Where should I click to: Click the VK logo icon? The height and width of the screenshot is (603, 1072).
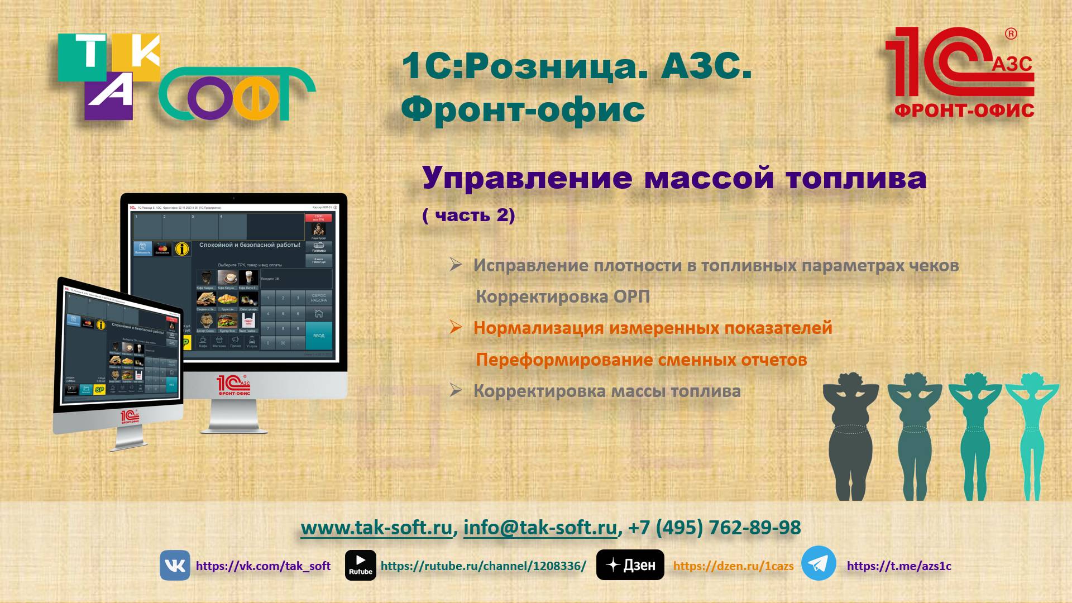click(175, 565)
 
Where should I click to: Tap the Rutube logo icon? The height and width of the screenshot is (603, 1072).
click(360, 565)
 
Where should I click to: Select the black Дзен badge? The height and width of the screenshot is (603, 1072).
click(630, 565)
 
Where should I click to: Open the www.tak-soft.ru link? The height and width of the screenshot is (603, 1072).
click(376, 528)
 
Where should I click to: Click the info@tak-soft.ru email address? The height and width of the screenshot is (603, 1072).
click(540, 528)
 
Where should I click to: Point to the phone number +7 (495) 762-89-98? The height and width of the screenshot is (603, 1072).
click(714, 528)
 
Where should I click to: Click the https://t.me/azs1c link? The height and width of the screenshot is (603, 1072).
click(899, 566)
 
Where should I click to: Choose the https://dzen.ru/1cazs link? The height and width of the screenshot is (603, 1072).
click(733, 566)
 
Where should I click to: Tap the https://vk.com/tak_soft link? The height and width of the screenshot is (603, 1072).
click(263, 566)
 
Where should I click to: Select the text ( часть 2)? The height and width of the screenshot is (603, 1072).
click(468, 216)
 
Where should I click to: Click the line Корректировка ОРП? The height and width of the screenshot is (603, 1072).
click(563, 296)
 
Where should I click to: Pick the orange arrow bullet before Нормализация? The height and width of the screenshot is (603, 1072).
click(456, 327)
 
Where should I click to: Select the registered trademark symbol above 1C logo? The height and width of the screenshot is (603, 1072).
click(1011, 34)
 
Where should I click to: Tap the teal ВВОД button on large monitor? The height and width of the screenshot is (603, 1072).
click(319, 336)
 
